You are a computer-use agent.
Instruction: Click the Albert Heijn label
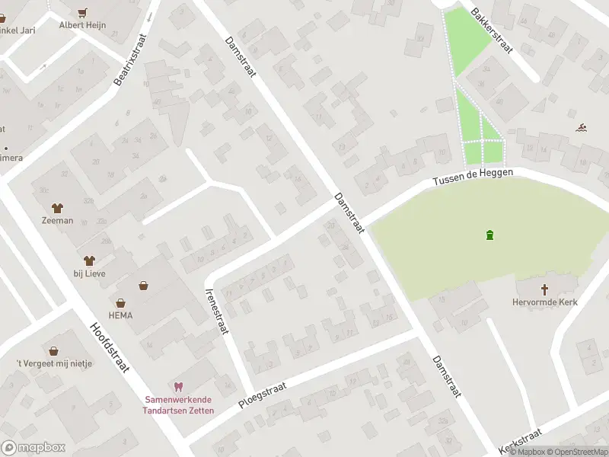point(83,25)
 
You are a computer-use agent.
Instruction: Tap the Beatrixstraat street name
point(130,59)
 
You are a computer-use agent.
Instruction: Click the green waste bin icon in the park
point(489,235)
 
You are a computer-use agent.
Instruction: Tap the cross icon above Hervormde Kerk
point(545,289)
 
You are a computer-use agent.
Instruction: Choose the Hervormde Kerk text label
point(545,302)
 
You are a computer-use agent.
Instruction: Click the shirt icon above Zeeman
point(57,207)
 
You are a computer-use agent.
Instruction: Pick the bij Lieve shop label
point(90,273)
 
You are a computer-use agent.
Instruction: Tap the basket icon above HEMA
point(143,286)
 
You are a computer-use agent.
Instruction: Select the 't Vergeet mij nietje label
point(54,363)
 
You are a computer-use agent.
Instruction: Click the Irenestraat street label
point(217,310)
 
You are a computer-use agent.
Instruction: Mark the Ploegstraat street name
point(261,396)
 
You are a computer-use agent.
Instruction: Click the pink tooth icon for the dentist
point(180,387)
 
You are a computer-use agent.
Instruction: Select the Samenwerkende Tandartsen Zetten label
point(180,405)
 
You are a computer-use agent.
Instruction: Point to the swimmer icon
point(582,127)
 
